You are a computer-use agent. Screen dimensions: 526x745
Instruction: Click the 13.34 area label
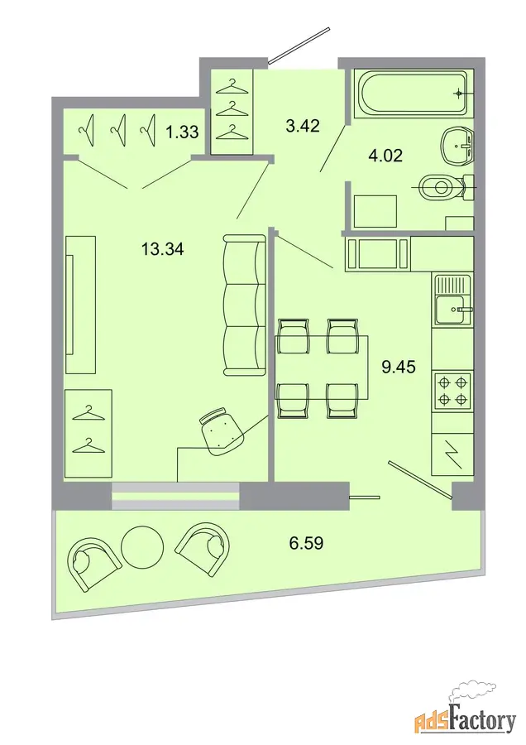162,249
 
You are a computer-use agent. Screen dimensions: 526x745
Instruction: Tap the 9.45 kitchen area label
399,367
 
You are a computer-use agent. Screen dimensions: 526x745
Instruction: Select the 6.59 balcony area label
307,542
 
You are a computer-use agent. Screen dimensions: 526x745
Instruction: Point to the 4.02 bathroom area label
385,156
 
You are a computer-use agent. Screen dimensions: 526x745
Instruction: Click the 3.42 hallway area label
303,126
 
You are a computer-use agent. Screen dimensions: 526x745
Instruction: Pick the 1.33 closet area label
182,132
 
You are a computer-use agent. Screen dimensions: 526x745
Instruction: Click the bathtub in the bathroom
413,92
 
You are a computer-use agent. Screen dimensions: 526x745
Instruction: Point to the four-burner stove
452,390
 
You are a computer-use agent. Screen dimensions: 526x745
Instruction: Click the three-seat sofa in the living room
244,305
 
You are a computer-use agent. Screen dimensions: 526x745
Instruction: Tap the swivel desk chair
221,430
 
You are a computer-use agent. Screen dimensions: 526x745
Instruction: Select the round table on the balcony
142,546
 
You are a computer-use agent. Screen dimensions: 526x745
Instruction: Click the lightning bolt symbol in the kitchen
452,454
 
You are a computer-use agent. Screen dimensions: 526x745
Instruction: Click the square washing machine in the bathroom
375,211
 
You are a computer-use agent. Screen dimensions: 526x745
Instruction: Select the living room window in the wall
175,496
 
